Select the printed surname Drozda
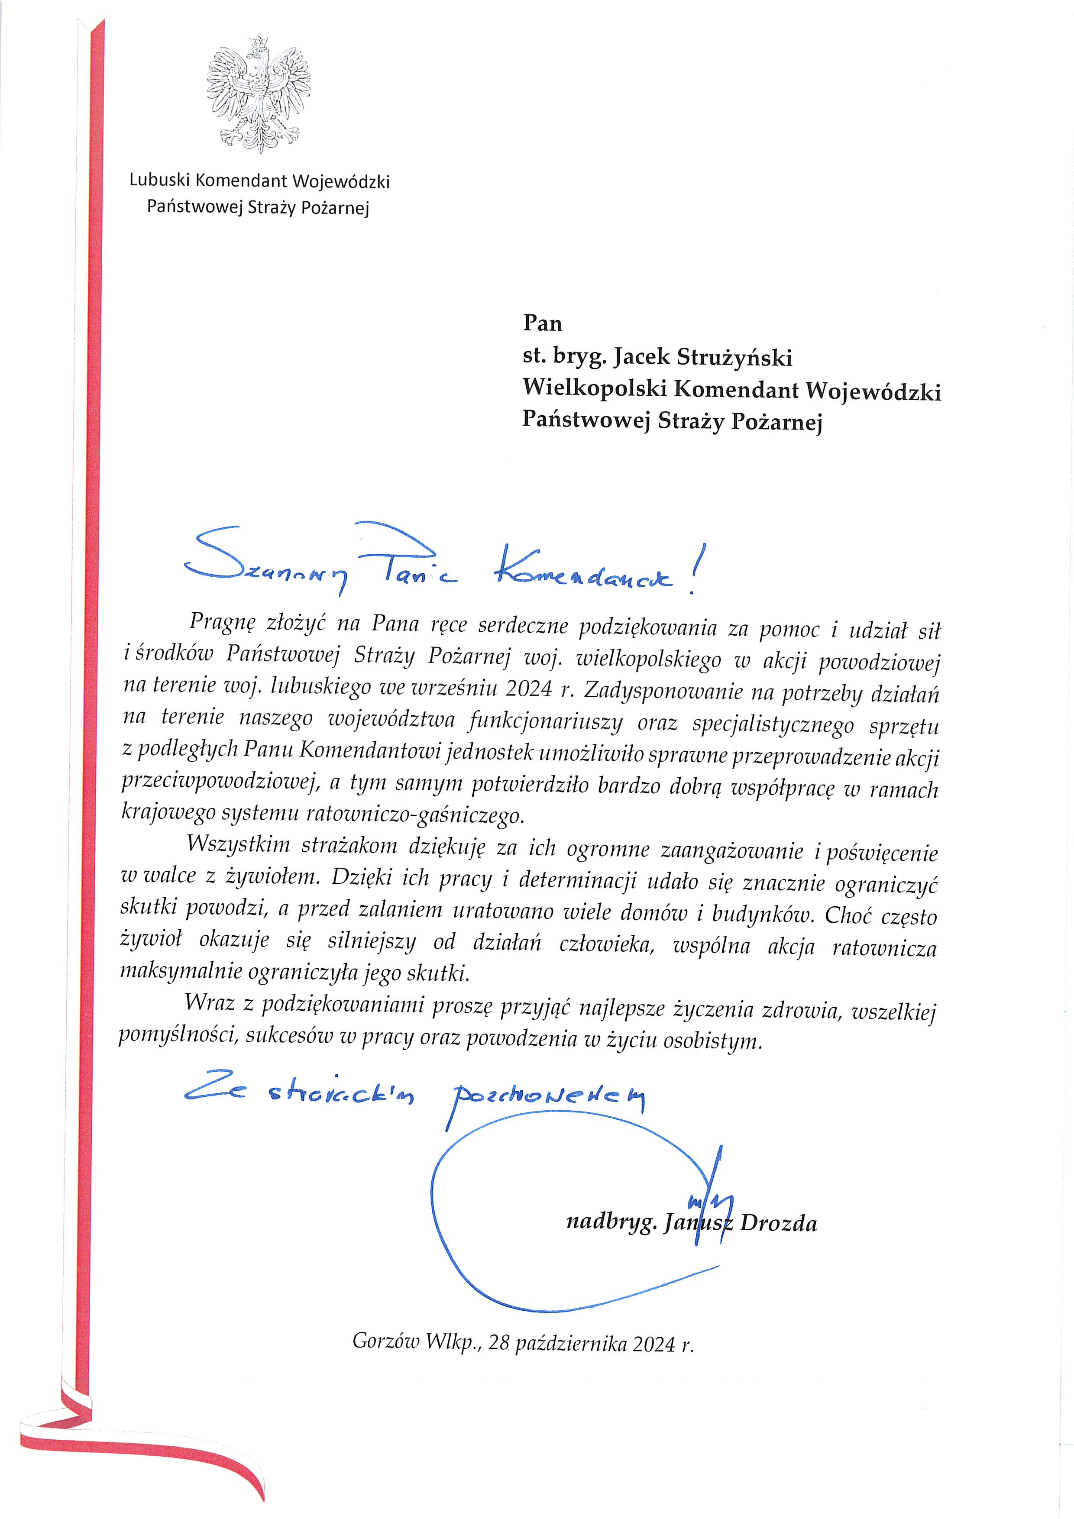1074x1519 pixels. pyautogui.click(x=778, y=1223)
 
